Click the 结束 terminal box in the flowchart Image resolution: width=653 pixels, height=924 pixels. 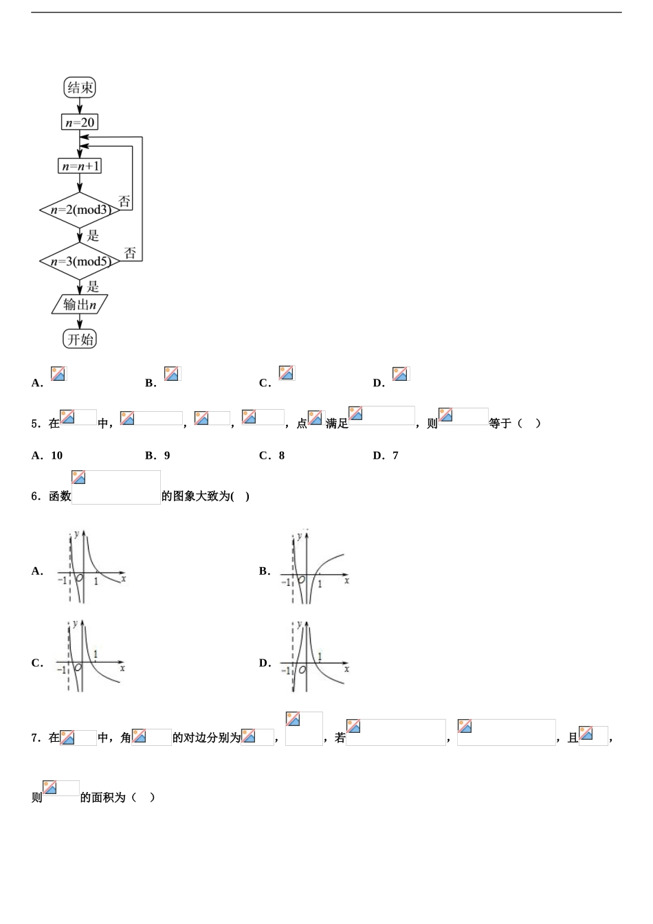click(80, 87)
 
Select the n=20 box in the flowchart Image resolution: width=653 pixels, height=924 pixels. click(80, 122)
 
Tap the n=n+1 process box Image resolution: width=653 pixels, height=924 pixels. click(80, 166)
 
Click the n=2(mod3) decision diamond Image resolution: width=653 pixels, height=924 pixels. click(80, 210)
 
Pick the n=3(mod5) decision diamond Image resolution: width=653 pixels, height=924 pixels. click(80, 261)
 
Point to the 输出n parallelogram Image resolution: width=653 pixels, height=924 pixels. click(80, 304)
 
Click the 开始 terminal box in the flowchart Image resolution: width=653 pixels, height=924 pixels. click(80, 339)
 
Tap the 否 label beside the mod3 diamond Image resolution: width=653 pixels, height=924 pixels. click(124, 201)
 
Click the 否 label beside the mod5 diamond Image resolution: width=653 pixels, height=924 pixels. click(130, 253)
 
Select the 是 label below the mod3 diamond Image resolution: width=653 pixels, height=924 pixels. click(93, 236)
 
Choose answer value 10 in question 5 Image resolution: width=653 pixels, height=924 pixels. click(57, 455)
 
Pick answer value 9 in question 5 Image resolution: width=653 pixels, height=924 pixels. click(167, 455)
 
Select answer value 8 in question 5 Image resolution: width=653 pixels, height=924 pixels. click(281, 455)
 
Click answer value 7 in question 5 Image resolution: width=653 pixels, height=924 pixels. click(395, 455)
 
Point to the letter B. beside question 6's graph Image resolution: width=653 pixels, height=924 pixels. click(265, 571)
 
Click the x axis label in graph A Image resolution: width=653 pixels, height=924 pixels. click(123, 579)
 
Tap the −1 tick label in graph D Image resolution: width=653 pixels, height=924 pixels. click(285, 671)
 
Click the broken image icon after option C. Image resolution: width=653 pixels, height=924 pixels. click(287, 373)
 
